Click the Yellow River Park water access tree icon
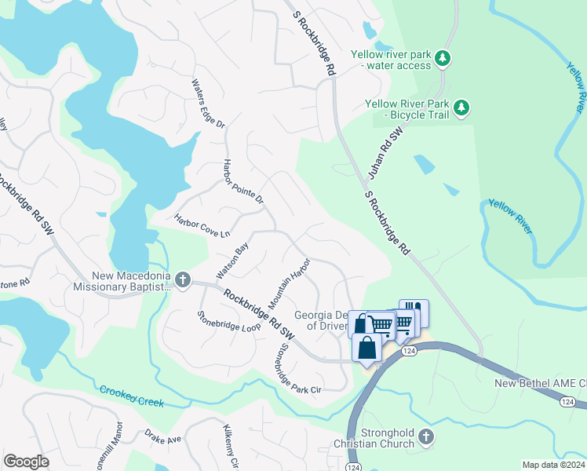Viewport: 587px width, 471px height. point(443,57)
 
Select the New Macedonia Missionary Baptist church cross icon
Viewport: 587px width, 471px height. point(182,279)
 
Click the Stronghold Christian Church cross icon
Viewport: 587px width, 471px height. point(425,436)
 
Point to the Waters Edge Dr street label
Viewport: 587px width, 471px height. point(209,104)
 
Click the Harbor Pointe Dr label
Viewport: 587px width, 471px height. point(243,182)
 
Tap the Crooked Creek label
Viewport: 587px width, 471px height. point(132,396)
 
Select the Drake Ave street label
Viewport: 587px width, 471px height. point(162,436)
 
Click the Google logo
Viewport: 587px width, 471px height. point(26,462)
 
